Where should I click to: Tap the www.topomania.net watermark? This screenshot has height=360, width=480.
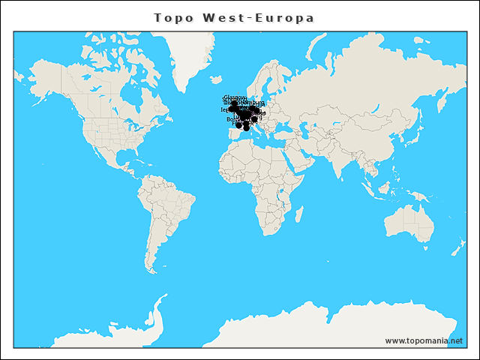point(424,340)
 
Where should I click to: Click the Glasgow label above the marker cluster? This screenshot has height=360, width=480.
point(235,97)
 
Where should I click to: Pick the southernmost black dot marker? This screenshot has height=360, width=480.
point(247,127)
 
